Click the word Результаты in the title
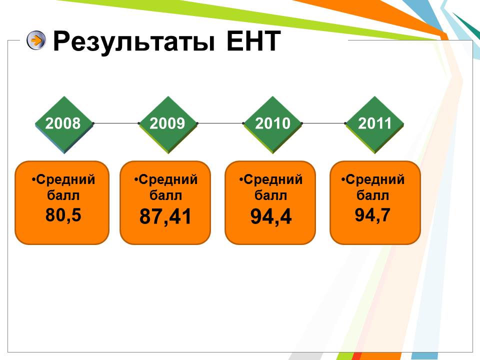pos(134,41)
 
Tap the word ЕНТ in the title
pos(253,40)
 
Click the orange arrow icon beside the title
pos(36,40)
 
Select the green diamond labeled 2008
pos(64,124)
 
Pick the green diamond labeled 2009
pos(168,124)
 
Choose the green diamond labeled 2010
pos(272,124)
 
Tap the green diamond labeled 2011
pos(374,124)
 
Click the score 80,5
pos(63,214)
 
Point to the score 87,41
pos(165,216)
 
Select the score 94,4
pos(271,216)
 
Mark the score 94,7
pos(372,214)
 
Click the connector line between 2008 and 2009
pos(116,123)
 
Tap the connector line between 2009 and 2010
pos(220,123)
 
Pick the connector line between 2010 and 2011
pos(323,123)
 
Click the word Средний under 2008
pos(65,179)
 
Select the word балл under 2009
pos(165,195)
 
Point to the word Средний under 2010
pos(273,179)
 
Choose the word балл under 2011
pos(372,195)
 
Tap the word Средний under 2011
pos(375,179)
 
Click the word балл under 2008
pos(63,195)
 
